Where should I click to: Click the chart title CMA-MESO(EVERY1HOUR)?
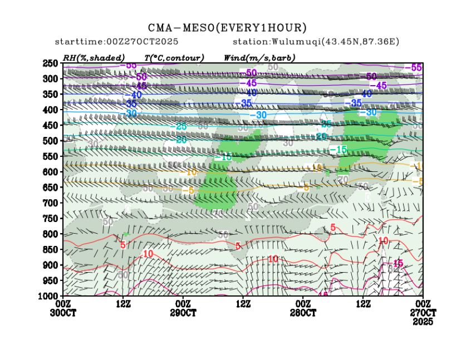point(227,27)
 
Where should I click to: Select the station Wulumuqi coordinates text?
point(317,42)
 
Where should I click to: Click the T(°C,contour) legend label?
point(174,58)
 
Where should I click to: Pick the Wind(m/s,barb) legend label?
point(259,58)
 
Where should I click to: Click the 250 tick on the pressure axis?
point(51,63)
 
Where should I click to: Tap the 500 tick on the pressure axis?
point(51,141)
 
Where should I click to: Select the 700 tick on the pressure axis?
point(51,203)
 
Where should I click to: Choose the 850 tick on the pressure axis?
point(51,249)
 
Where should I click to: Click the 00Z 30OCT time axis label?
point(63,308)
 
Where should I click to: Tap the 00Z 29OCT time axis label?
point(183,308)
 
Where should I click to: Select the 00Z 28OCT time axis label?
point(303,308)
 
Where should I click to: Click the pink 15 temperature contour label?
point(398,263)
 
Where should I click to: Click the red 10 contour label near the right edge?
point(383,241)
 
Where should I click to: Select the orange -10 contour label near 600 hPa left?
point(191,172)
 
